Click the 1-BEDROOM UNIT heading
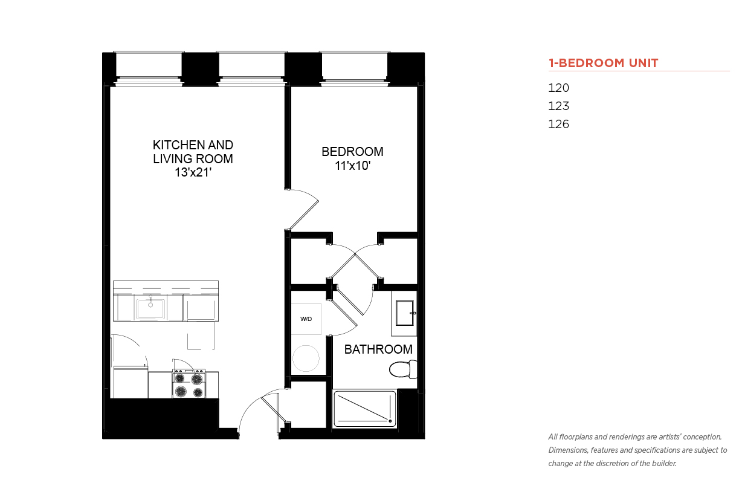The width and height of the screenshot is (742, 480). (603, 63)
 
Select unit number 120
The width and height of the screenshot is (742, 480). (558, 88)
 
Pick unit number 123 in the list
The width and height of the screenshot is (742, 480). (558, 106)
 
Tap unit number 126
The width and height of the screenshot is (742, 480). (558, 125)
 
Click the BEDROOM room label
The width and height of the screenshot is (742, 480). (352, 152)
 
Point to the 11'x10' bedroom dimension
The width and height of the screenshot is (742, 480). (352, 166)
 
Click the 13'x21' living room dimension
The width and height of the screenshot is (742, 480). (193, 172)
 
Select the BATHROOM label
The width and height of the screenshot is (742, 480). (378, 349)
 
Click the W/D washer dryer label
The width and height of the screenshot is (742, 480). (306, 319)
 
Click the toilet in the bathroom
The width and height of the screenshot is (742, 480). (403, 369)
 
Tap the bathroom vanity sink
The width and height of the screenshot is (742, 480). (405, 313)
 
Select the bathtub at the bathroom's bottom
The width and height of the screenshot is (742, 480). (365, 409)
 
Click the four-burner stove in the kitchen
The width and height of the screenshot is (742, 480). (189, 383)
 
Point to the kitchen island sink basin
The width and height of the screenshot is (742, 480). (150, 309)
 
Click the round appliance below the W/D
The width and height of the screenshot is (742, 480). (306, 358)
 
